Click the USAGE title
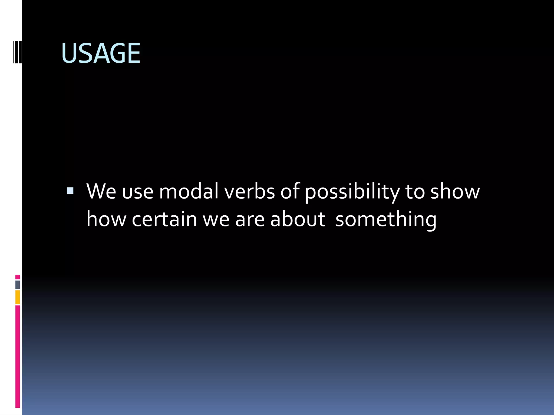[101, 53]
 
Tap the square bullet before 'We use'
[70, 191]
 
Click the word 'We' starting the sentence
[101, 192]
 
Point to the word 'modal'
[189, 192]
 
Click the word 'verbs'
[249, 192]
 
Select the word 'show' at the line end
[455, 192]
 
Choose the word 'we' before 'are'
[216, 220]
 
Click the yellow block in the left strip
[18, 297]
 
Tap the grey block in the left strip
[18, 285]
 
